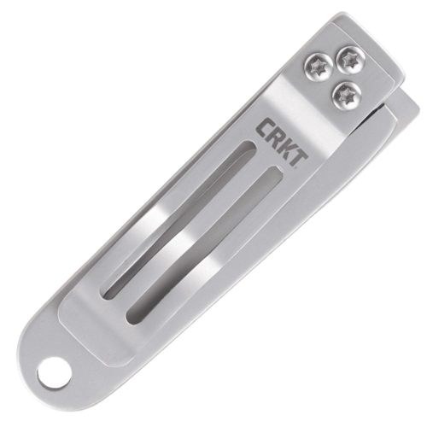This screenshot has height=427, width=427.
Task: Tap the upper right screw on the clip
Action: point(348,59)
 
